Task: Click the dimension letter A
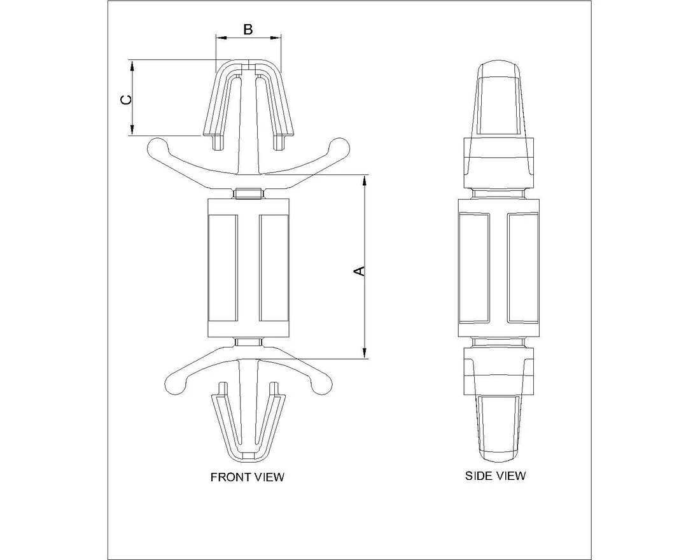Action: pos(360,270)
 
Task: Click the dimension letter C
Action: pos(127,99)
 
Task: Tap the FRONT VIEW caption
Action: pos(248,477)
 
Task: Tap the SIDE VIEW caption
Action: pos(496,475)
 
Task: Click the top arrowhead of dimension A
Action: pos(364,181)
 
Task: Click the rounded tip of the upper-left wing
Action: pos(156,148)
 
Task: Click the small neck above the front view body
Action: pos(248,193)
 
